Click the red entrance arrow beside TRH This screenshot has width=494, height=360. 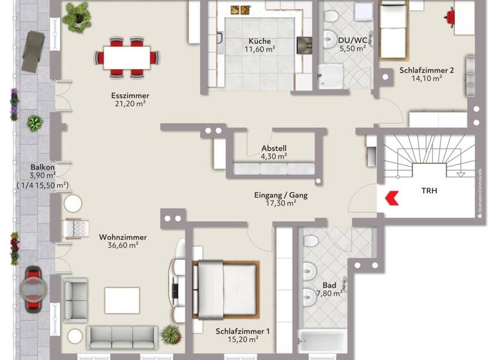coord(392,198)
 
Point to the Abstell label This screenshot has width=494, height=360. coord(273,147)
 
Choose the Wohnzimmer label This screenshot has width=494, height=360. coord(123,237)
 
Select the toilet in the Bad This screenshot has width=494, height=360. coord(310,243)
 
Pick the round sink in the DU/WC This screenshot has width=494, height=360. coord(331,37)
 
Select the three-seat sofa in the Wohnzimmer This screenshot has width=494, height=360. coord(122,336)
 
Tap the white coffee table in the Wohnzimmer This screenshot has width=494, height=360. coord(122,300)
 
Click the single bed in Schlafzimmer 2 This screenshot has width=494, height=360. coord(392,30)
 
